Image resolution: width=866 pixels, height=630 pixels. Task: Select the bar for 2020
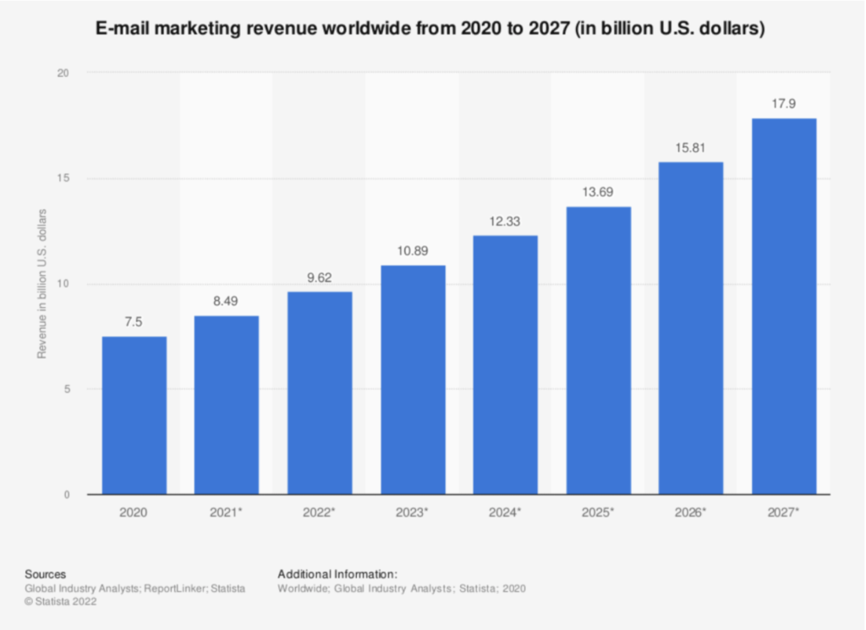134,415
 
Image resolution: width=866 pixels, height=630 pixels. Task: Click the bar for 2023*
413,380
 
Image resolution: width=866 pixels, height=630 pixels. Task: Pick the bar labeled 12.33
505,364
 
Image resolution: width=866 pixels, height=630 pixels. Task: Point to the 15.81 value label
691,148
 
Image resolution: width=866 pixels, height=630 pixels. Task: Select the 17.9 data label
784,105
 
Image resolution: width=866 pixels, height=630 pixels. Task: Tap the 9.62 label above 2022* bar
320,278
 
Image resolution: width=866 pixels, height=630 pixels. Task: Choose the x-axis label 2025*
599,513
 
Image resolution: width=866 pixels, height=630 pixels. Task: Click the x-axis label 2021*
227,513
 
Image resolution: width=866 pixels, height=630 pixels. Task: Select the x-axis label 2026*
691,513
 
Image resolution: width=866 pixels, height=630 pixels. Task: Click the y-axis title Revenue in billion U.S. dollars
41,283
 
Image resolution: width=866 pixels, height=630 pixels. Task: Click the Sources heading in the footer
46,573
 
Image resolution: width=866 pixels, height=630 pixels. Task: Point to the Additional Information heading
337,573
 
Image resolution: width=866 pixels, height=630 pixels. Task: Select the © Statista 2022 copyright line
61,601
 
